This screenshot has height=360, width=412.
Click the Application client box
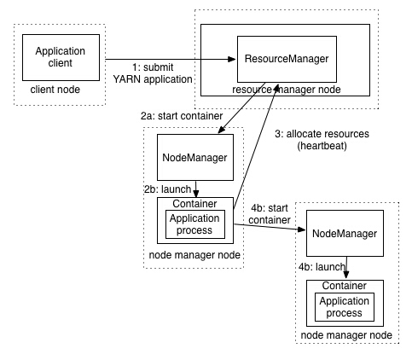pyautogui.click(x=61, y=57)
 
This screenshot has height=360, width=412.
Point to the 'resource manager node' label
pyautogui.click(x=285, y=89)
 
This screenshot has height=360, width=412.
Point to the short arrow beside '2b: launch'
pyautogui.click(x=197, y=189)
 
